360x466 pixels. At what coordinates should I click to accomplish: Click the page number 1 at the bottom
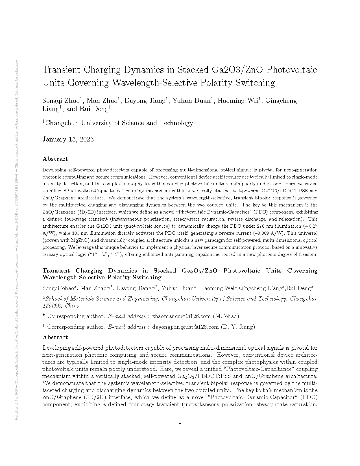pyautogui.click(x=180, y=422)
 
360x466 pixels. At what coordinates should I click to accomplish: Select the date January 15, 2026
pyautogui.click(x=68, y=139)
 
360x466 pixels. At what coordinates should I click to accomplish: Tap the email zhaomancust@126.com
pyautogui.click(x=182, y=316)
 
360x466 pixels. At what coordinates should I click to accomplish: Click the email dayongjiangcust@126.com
pyautogui.click(x=186, y=327)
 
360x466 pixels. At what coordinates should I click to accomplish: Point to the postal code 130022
pyautogui.click(x=51, y=306)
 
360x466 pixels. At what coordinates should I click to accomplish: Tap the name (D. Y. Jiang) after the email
pyautogui.click(x=238, y=327)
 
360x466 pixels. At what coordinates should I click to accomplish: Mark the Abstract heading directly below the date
pyautogui.click(x=55, y=159)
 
